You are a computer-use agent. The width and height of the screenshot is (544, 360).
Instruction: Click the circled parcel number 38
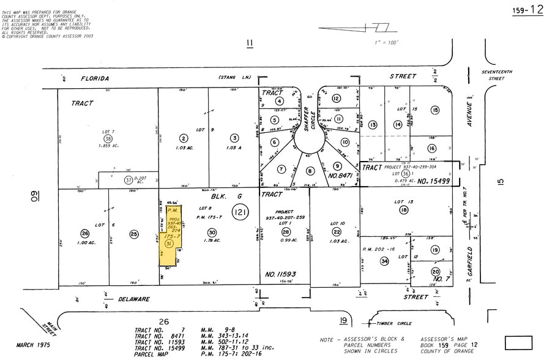pos(108,138)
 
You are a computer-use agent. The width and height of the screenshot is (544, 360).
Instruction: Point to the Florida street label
pos(95,78)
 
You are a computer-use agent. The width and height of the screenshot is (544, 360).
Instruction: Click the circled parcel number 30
pos(212,233)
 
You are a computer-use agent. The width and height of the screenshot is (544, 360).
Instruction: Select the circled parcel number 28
pos(285,232)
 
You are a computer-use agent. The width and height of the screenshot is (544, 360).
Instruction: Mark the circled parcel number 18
pos(403,211)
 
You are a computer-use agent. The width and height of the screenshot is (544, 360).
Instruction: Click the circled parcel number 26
pos(84,233)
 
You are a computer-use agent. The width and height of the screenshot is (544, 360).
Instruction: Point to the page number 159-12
pos(527,9)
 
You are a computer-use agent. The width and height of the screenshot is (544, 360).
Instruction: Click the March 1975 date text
pos(31,345)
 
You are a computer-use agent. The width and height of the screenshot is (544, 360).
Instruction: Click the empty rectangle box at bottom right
pos(518,342)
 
